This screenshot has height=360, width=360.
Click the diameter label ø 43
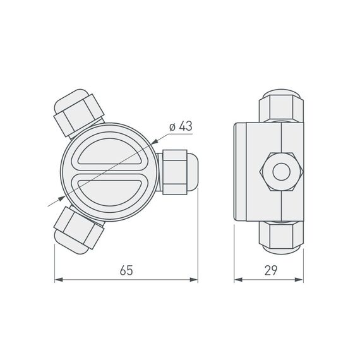[181, 126]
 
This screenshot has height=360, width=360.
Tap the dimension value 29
[271, 270]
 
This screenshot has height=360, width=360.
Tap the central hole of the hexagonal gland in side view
[279, 171]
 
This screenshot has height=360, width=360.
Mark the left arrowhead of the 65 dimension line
[59, 279]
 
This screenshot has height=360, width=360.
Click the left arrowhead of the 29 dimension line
[237, 279]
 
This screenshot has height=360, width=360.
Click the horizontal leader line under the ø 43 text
[179, 134]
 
